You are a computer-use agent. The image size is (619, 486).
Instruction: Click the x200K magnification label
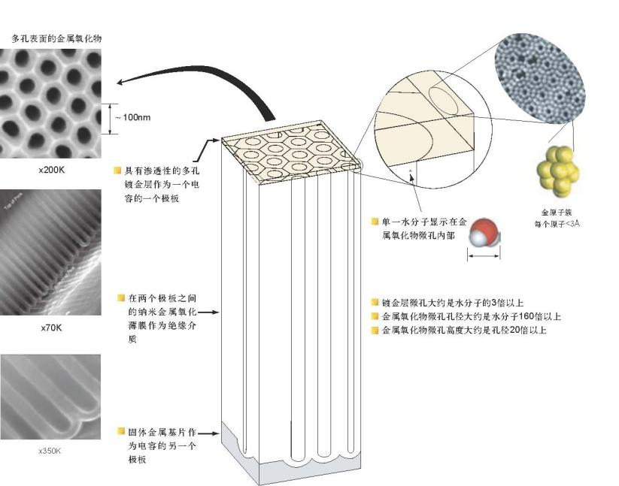(x=52, y=170)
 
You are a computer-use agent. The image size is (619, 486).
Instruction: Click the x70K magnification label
(x=52, y=328)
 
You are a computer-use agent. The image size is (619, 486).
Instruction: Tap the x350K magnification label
(x=50, y=451)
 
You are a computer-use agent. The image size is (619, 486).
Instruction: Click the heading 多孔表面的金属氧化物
(x=56, y=38)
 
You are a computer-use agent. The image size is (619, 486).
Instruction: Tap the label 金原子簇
(x=555, y=213)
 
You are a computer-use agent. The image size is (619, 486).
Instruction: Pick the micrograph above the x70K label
(x=50, y=252)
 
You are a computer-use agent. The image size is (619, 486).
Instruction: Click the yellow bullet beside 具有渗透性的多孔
(x=118, y=171)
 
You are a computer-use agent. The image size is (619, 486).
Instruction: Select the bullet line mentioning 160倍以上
(x=471, y=316)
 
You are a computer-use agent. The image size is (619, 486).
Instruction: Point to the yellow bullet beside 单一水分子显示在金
(x=375, y=222)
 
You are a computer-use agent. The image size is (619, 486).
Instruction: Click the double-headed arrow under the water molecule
(x=484, y=256)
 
